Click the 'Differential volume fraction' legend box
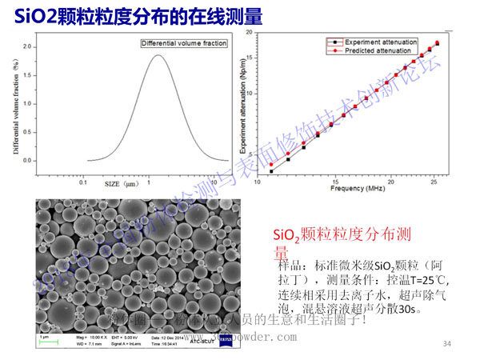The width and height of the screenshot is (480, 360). [184, 43]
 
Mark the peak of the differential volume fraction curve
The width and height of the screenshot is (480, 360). [158, 54]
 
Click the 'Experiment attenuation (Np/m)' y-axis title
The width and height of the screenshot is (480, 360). [239, 104]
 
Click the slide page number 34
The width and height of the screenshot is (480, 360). [447, 343]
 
